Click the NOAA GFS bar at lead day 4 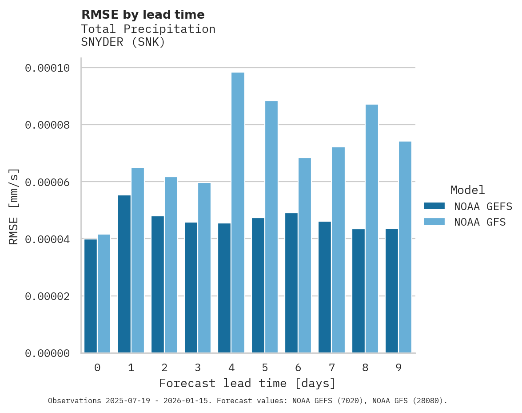tap(238, 213)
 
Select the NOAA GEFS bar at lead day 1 tap(124, 274)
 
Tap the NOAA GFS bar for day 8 tap(372, 229)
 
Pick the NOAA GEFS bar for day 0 tap(91, 296)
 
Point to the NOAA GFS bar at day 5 tap(271, 227)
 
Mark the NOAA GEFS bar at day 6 tap(291, 283)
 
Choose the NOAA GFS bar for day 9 tap(405, 247)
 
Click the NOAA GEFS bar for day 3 tap(191, 287)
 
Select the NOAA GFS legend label tap(480, 222)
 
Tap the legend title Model tap(467, 190)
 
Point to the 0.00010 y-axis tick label tap(47, 68)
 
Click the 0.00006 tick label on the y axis tap(47, 182)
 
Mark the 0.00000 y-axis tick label tap(47, 353)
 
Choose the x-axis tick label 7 tap(331, 368)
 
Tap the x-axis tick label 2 tap(164, 368)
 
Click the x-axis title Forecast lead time tap(247, 383)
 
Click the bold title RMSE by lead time tap(143, 15)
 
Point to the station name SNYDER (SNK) tap(123, 42)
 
